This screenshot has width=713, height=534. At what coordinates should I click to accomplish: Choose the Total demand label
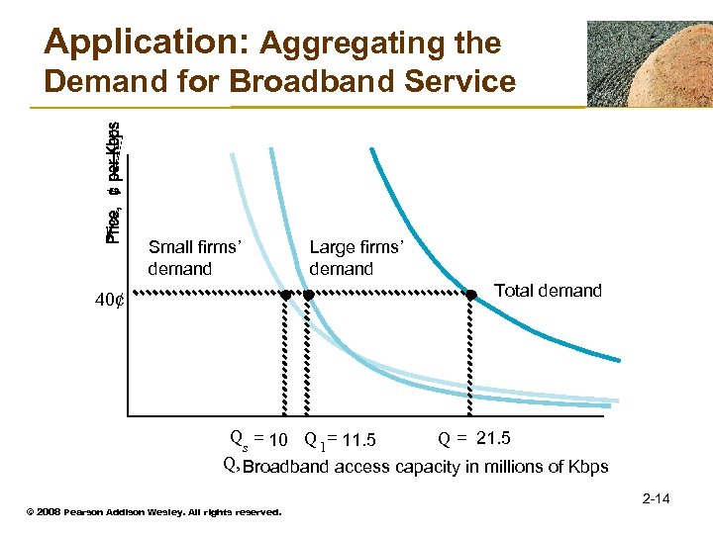click(x=548, y=291)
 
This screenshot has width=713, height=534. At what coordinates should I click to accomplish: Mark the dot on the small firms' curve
click(x=285, y=295)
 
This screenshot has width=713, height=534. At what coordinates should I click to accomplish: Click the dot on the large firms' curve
click(x=308, y=295)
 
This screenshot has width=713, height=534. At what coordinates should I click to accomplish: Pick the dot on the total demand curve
click(x=472, y=293)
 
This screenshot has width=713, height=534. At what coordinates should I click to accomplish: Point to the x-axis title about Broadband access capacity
click(x=426, y=467)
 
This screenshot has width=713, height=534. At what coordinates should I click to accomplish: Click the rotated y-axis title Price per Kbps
click(x=114, y=183)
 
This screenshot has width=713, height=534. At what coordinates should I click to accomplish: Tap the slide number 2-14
click(x=656, y=498)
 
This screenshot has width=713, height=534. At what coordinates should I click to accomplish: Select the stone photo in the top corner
click(x=648, y=63)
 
